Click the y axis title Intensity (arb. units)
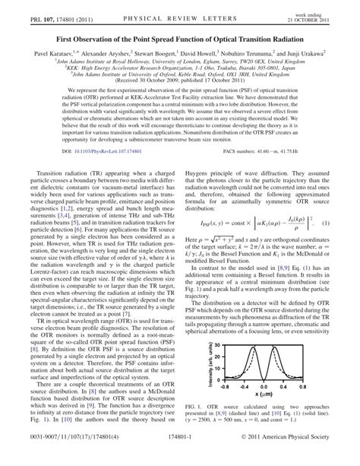(x=210, y=365)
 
